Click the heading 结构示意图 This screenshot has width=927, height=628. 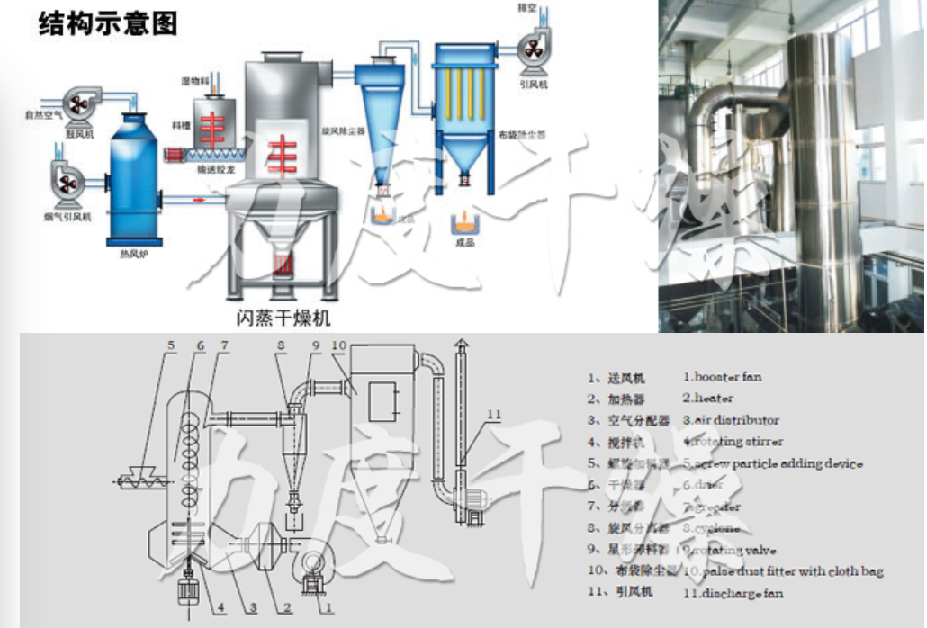click(108, 23)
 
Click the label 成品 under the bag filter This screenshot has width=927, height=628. click(464, 243)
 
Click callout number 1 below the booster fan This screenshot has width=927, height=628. click(328, 607)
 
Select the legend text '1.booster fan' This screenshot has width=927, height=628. click(722, 377)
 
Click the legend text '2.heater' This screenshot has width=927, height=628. click(708, 398)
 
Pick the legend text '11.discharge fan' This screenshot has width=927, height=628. click(733, 592)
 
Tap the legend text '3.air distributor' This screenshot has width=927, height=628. click(731, 419)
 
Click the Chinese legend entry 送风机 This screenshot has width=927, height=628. click(626, 378)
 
